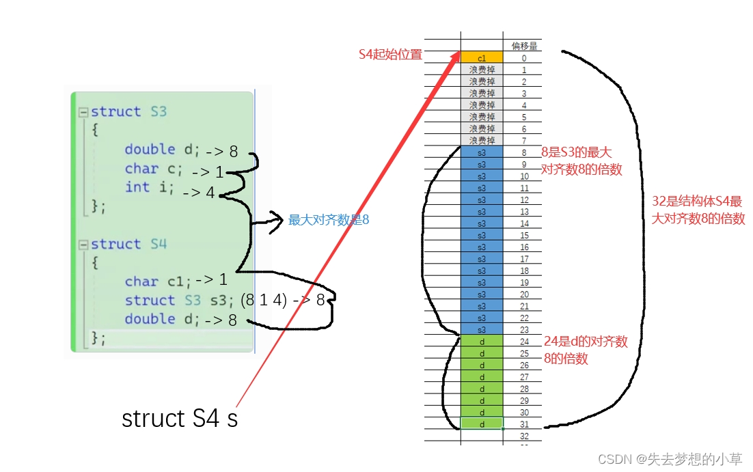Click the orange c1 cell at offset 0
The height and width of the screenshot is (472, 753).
482,58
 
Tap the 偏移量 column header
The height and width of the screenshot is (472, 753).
524,46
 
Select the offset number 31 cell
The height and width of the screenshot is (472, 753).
524,424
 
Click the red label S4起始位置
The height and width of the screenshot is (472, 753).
390,55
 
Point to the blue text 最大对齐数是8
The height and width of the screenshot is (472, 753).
329,220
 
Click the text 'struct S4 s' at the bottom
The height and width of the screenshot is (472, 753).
180,418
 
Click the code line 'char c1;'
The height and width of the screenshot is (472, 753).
158,281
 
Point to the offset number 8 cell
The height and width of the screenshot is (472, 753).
524,153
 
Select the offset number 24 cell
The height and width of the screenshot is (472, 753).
524,342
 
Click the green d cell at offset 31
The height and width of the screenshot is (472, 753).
482,424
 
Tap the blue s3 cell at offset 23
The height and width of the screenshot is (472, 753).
482,330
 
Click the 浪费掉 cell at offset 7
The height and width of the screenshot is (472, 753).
482,141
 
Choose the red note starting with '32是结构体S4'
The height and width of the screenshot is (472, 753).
697,210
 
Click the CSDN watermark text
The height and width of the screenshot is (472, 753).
670,459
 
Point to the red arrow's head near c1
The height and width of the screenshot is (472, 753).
457,60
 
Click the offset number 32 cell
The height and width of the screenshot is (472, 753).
524,436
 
